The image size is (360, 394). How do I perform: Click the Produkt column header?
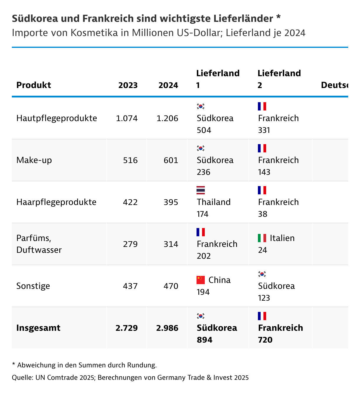(34, 85)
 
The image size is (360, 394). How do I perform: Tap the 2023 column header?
(128, 85)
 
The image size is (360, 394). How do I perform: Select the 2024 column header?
(168, 85)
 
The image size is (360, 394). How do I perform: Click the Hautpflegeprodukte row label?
(57, 118)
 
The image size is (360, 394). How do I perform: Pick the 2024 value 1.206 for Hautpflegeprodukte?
(167, 118)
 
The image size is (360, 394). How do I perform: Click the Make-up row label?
(34, 160)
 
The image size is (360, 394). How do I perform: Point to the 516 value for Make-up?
(130, 160)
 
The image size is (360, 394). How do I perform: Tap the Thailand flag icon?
(201, 190)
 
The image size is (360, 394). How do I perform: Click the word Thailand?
(214, 202)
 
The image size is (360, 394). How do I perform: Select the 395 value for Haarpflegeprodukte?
(171, 202)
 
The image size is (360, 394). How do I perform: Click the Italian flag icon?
(262, 238)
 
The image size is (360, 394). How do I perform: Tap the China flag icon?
(201, 280)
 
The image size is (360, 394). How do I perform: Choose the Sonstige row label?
(33, 286)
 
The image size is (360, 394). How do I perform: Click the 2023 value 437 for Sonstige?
(130, 286)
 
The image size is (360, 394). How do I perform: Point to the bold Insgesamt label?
(38, 328)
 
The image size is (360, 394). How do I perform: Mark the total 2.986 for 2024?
(167, 328)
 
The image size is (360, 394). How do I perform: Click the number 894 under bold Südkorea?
(204, 340)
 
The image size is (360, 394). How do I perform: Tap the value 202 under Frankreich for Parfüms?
(204, 256)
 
